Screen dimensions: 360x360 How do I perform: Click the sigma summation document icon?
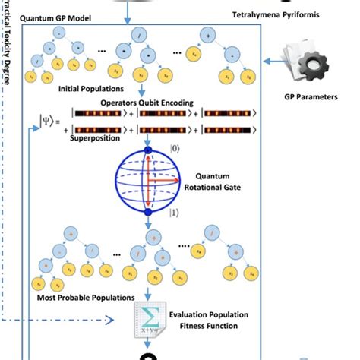tap(145, 317)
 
